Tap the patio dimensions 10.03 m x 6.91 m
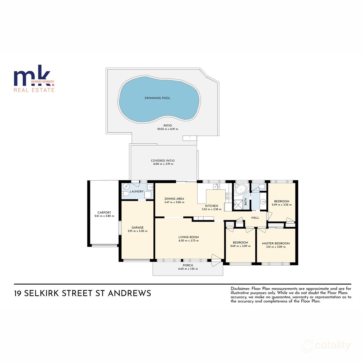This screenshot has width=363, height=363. click(167, 129)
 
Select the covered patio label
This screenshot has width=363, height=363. click(163, 161)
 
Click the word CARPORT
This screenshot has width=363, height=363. click(104, 212)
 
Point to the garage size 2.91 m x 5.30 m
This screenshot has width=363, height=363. click(138, 231)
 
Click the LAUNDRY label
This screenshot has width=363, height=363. click(136, 191)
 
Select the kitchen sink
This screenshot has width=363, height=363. click(216, 186)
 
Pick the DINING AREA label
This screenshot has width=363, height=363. click(174, 199)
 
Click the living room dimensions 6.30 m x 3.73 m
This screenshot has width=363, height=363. click(188, 241)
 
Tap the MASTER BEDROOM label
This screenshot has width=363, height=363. click(276, 243)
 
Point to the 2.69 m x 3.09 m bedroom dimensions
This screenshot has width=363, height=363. click(240, 246)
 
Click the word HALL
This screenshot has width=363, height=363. click(255, 217)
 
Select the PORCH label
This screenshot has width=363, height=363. click(188, 265)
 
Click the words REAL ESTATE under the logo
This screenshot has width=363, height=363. click(34, 90)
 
